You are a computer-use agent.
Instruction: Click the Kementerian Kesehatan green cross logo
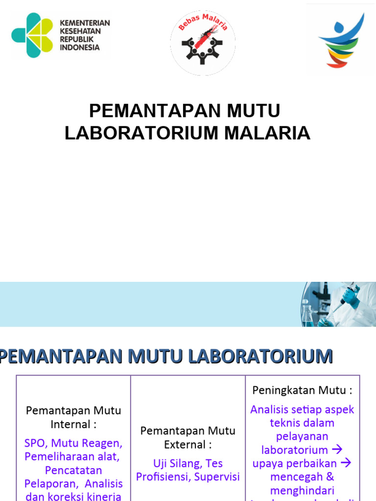pyautogui.click(x=32, y=35)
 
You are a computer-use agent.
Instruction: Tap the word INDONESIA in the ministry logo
pyautogui.click(x=80, y=47)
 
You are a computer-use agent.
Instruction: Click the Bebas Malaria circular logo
pyautogui.click(x=203, y=43)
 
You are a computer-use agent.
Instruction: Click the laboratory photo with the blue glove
pyautogui.click(x=338, y=304)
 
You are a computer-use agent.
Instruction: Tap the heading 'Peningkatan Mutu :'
pyautogui.click(x=303, y=390)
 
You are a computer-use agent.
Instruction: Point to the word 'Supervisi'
pyautogui.click(x=217, y=477)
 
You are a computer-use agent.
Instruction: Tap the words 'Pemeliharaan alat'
pyautogui.click(x=71, y=456)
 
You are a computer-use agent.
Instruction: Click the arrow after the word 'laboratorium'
pyautogui.click(x=337, y=449)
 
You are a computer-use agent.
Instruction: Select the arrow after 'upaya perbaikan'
pyautogui.click(x=346, y=463)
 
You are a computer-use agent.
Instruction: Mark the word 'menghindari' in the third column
pyautogui.click(x=302, y=490)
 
